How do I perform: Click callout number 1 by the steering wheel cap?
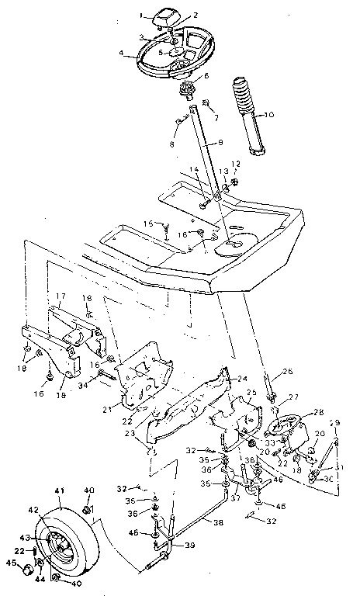pos(142,15)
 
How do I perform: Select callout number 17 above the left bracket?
pos(59,296)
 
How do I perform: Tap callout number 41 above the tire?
pos(59,491)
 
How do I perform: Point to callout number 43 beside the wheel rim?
pos(24,538)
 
